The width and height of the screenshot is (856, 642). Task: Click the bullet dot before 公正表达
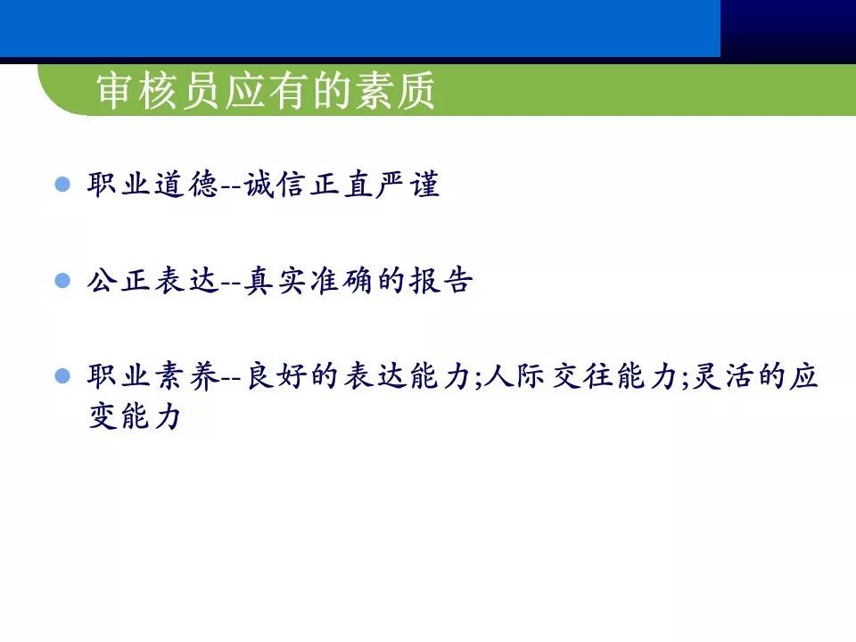pos(62,280)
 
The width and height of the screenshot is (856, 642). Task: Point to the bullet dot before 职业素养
pos(62,376)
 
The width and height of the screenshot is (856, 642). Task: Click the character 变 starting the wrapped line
pos(103,416)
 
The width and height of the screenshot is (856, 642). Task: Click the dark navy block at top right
pos(787,29)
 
